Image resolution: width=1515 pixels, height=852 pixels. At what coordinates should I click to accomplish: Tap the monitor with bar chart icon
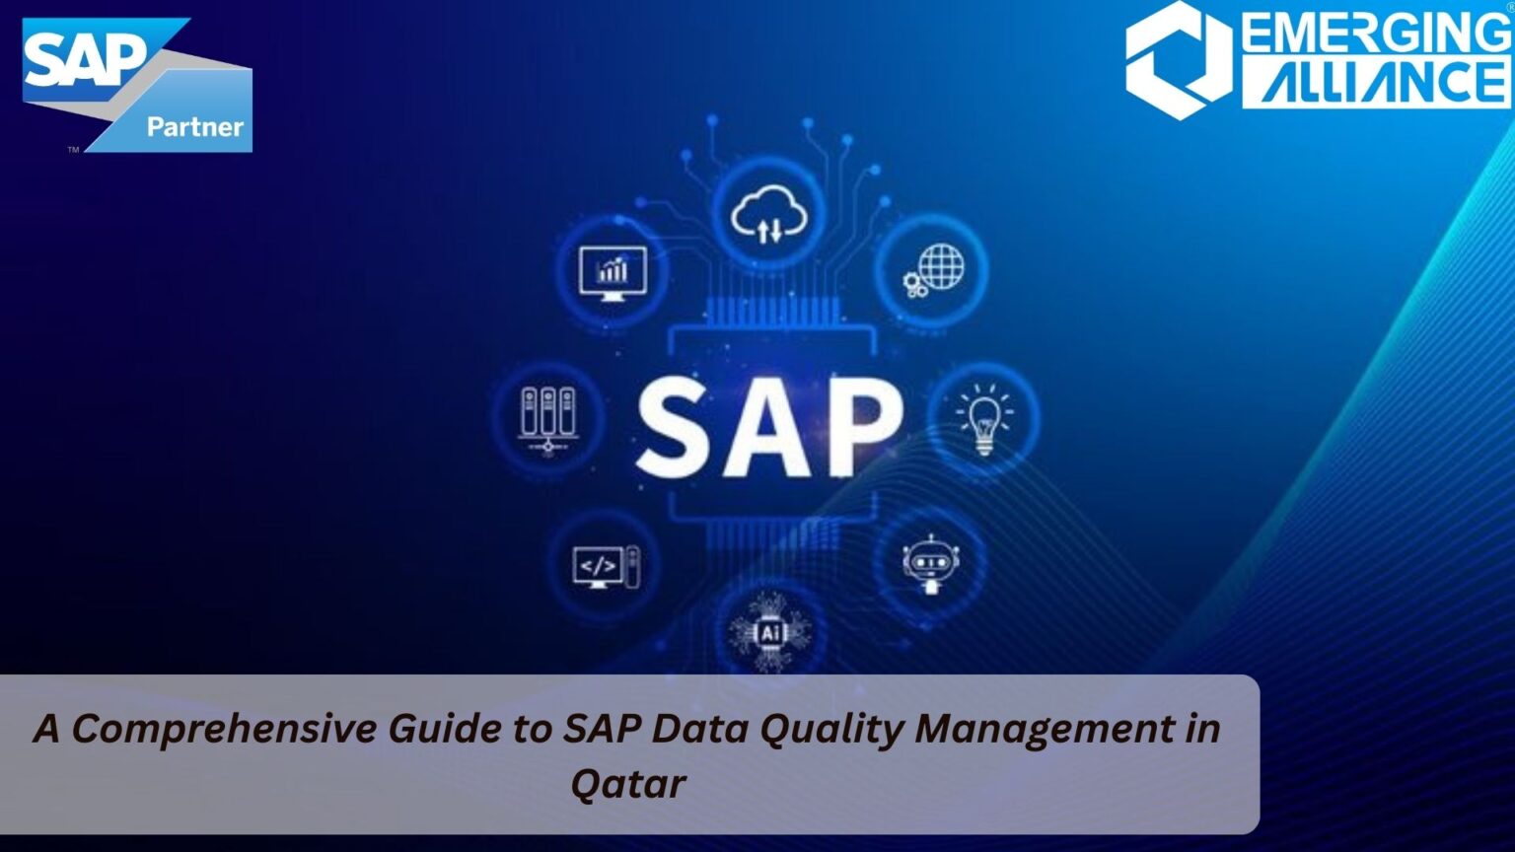tap(613, 270)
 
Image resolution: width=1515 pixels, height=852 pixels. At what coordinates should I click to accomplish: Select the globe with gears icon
tap(932, 270)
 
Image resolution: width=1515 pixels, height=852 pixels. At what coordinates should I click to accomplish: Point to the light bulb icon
tap(983, 419)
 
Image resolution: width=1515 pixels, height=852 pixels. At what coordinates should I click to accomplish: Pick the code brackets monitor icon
tap(604, 567)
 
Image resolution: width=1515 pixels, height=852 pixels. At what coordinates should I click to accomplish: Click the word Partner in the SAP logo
tap(194, 126)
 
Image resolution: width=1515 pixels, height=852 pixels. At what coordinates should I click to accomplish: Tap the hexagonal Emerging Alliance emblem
tap(1179, 59)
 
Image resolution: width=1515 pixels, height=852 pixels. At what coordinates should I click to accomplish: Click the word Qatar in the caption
tap(628, 785)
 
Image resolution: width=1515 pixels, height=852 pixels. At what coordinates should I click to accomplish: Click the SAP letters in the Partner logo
tap(84, 59)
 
